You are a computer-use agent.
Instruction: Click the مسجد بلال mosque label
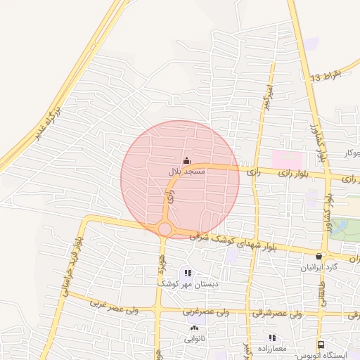click(186, 171)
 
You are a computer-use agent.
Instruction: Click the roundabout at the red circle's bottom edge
click(165, 229)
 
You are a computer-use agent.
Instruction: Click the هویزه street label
click(162, 265)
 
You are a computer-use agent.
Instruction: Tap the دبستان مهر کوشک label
click(186, 283)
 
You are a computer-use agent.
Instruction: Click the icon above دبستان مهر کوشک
click(187, 273)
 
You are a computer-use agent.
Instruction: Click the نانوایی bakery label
click(195, 338)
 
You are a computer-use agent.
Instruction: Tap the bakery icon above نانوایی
click(195, 328)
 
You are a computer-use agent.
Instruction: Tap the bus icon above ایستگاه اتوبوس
click(321, 345)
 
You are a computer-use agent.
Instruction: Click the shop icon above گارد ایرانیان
click(321, 256)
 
